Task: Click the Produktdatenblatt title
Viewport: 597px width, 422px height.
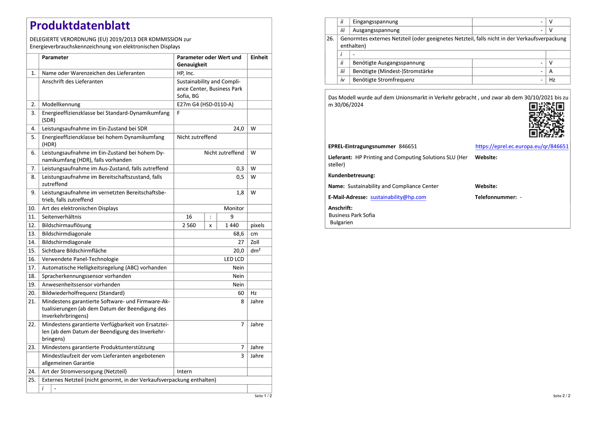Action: tap(80, 26)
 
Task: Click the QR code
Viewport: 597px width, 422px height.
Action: tap(547, 120)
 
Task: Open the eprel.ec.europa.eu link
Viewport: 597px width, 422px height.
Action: tap(522, 146)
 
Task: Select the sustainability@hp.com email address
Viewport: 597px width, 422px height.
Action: tap(398, 197)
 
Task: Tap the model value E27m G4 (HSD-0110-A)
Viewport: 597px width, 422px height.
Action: tap(205, 104)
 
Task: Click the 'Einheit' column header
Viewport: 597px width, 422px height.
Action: tap(259, 57)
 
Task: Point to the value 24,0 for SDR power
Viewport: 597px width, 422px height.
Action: tap(239, 129)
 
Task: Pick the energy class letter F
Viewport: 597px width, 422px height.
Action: tap(178, 113)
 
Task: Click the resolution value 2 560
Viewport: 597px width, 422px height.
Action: tap(189, 225)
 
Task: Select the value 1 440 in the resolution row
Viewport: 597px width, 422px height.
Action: tap(232, 225)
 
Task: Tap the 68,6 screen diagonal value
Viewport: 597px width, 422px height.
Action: tap(239, 234)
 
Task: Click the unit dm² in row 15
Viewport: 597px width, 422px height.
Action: tap(256, 251)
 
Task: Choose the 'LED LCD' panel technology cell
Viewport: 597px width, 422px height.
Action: tap(234, 259)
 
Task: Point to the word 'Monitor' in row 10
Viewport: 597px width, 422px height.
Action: tap(234, 209)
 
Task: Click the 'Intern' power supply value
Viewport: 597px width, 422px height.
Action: tap(184, 372)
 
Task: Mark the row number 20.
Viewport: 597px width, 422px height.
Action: tap(32, 293)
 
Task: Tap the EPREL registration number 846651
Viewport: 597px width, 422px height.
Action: tap(408, 146)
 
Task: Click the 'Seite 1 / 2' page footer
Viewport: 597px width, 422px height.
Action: tap(263, 396)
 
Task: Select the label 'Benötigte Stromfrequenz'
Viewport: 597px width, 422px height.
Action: tap(384, 80)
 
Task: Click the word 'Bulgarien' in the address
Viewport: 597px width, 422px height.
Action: tap(341, 222)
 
